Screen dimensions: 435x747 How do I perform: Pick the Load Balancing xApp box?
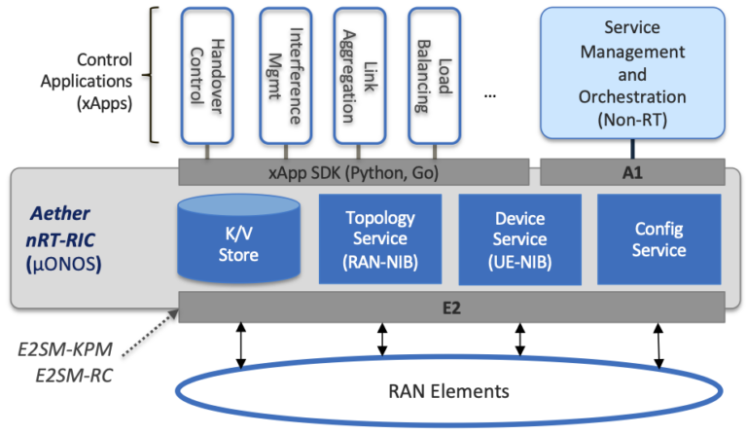tap(434, 76)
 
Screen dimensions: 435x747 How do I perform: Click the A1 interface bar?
tap(631, 172)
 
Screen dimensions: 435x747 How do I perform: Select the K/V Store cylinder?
tap(238, 241)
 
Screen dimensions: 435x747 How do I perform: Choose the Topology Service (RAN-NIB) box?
tap(380, 239)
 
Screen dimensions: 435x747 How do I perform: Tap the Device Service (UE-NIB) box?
tap(519, 239)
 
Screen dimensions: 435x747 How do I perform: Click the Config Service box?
tap(659, 239)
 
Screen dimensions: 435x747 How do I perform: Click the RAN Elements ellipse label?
tap(451, 392)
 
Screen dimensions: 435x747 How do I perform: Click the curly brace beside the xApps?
tap(154, 75)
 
